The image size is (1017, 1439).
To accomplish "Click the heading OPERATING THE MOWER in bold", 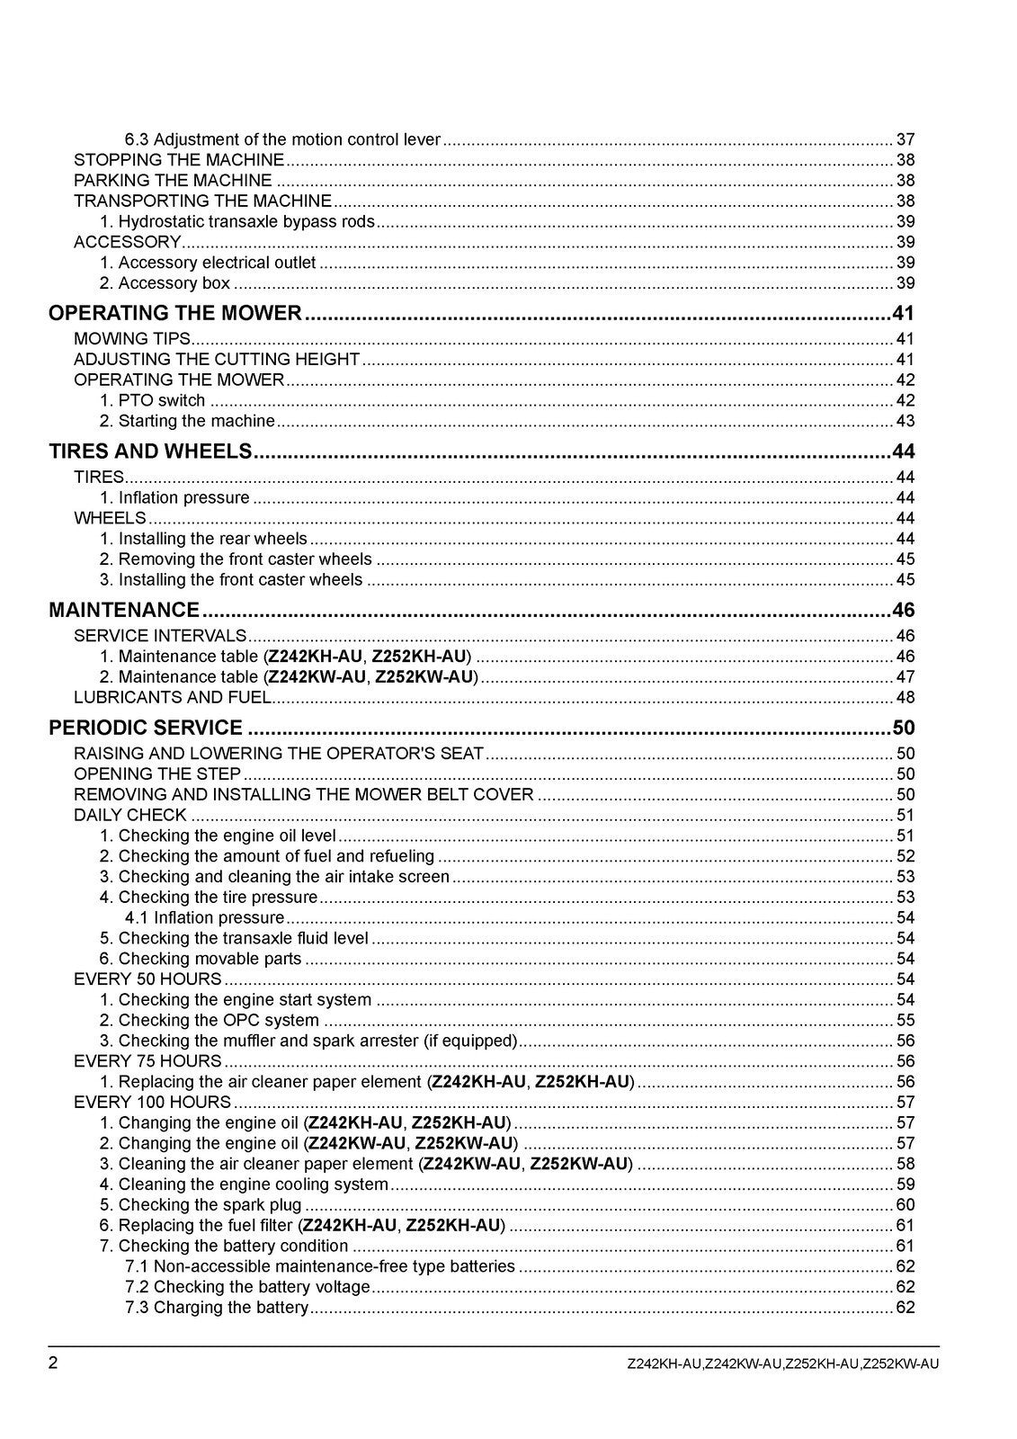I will point(175,313).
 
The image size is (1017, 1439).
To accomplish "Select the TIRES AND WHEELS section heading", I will point(150,451).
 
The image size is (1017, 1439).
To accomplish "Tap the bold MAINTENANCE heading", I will point(124,610).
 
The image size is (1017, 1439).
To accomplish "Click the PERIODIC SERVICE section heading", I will point(146,728).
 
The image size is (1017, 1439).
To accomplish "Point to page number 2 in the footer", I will point(53,1363).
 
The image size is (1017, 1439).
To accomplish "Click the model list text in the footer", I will point(782,1364).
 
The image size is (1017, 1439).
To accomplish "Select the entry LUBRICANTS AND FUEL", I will point(172,697).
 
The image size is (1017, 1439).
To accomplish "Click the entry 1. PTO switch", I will point(152,400).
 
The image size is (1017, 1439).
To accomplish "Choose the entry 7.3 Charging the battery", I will point(217,1308).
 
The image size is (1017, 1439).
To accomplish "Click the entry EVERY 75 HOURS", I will point(147,1061).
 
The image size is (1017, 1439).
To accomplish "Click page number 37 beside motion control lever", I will point(905,139).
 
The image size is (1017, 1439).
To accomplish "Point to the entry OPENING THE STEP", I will point(157,773).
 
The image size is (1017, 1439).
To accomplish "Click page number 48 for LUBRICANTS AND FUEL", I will point(905,697).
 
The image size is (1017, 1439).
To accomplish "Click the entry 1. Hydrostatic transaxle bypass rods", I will point(237,221).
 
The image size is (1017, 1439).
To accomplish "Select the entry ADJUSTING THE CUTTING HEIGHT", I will point(217,359).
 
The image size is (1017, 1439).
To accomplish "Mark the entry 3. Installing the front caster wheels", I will point(231,580).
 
